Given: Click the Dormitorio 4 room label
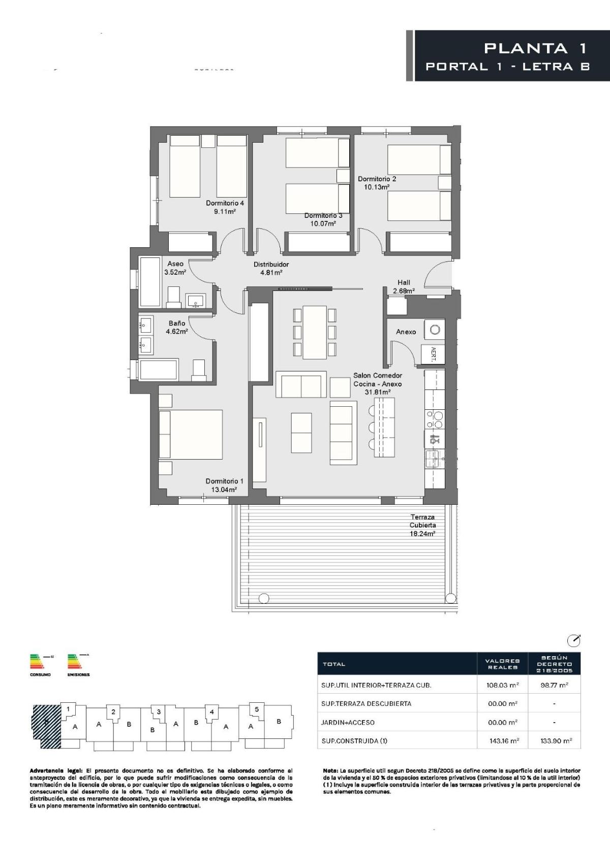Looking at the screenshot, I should click(225, 203).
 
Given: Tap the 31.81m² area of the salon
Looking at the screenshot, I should click(377, 392).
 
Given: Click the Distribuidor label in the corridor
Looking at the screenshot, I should click(271, 264).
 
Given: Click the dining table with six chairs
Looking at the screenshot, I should click(315, 332).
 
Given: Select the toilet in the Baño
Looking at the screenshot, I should click(198, 370).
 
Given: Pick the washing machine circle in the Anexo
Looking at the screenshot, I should click(434, 330).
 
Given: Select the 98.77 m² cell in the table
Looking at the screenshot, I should click(554, 685).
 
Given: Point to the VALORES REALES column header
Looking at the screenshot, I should click(502, 664).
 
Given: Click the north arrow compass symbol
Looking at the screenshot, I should click(573, 640).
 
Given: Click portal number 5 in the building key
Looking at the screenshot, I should click(257, 709).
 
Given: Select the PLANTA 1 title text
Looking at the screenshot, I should click(535, 48).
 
